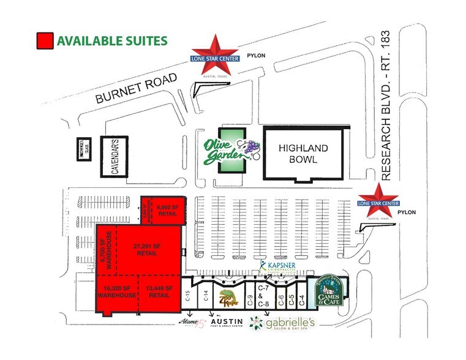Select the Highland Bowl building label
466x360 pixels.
pos(304,154)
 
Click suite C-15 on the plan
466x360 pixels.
pos(187,299)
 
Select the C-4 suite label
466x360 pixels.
pos(302,300)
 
